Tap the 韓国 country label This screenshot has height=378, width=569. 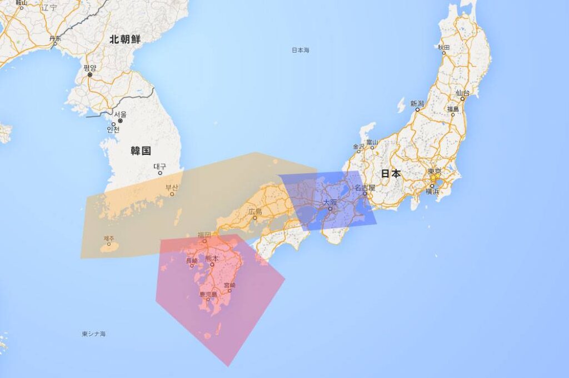pos(141,150)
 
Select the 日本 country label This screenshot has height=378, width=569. pos(391,174)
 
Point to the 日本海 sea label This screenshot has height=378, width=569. pos(301,51)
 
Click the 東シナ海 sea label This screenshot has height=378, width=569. pos(93,334)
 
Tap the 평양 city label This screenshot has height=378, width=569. pos(89,68)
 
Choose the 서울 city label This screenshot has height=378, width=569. pos(120,114)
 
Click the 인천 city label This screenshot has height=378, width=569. pos(113,129)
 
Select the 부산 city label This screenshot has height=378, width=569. pos(172,188)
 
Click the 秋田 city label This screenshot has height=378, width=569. pos(443,47)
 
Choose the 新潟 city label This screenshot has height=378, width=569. pos(417,104)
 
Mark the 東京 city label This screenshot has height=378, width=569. pos(434,171)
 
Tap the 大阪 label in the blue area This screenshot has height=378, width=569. pos(330,203)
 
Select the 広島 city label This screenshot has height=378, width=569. pos(255,211)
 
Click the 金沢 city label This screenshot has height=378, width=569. pos(358,147)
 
